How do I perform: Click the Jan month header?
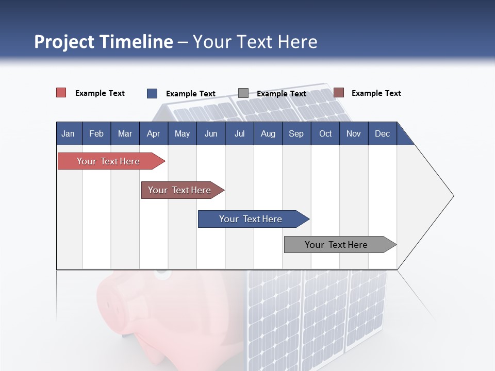tap(68, 133)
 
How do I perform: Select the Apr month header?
tap(153, 133)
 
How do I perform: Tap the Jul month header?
tap(239, 133)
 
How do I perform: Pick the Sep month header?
tap(296, 133)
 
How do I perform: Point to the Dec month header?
tap(382, 133)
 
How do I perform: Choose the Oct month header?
tap(325, 133)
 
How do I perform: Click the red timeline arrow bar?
tap(108, 161)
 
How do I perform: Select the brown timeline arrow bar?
tap(179, 190)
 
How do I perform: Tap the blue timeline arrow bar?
tap(251, 219)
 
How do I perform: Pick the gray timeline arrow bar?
tap(336, 245)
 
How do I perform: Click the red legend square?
tap(61, 93)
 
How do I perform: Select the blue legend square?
tap(152, 93)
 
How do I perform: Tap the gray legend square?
tap(243, 93)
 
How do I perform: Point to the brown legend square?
tap(338, 93)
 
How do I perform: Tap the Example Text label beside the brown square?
tap(376, 93)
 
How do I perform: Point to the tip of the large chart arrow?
tap(453, 196)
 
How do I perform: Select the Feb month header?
tap(96, 133)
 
